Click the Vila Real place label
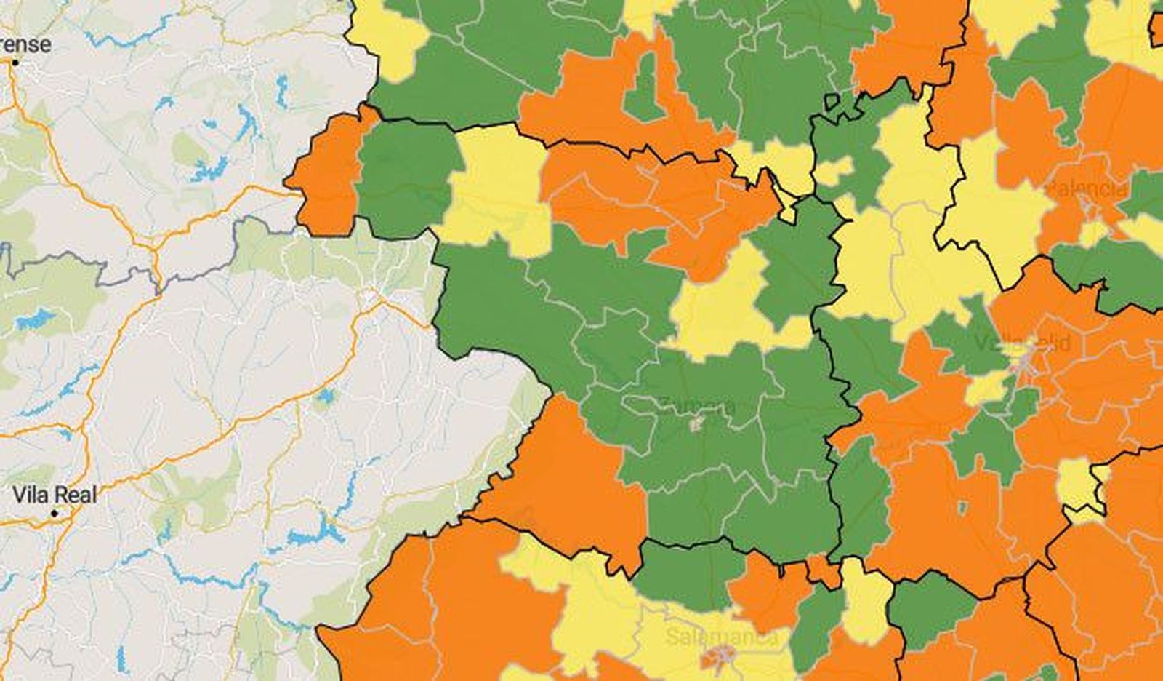(x=55, y=495)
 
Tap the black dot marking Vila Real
(x=55, y=514)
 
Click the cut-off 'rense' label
(x=25, y=44)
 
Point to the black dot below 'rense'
(x=15, y=63)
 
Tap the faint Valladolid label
(x=1021, y=343)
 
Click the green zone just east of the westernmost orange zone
(x=403, y=178)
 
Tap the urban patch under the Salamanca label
(x=720, y=658)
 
